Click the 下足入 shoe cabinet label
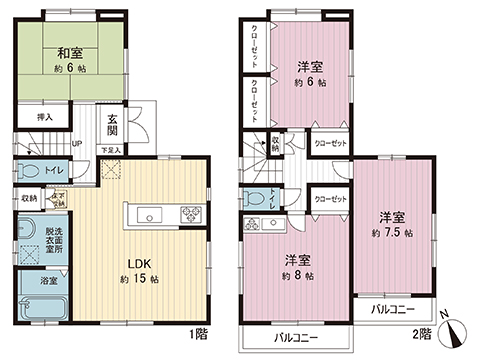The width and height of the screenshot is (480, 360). click(115, 151)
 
